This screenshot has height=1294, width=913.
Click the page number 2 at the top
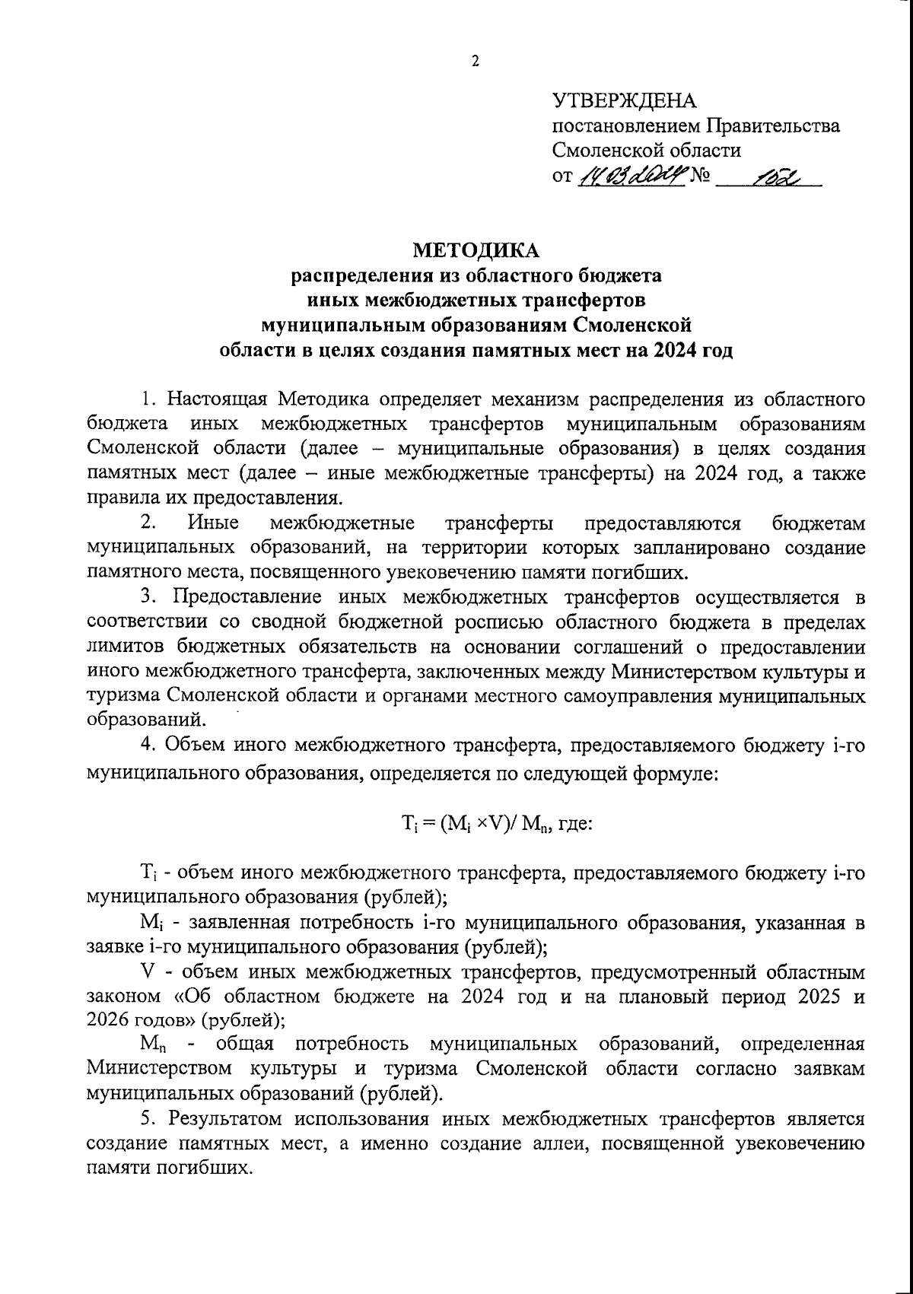click(476, 62)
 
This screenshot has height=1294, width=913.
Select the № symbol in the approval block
click(699, 176)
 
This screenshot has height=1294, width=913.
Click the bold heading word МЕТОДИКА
click(476, 250)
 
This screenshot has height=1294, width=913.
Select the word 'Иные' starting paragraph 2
click(212, 523)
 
